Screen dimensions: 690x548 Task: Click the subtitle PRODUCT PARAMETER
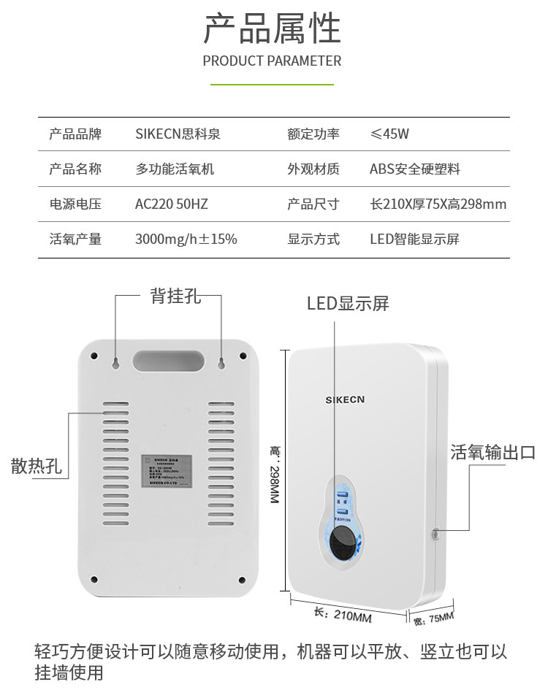[272, 61]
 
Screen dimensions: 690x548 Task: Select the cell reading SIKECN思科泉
[178, 134]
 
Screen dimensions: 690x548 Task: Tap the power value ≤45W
[389, 134]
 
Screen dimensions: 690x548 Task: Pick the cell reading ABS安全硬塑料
[415, 169]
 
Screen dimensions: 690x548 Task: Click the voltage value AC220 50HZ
[172, 204]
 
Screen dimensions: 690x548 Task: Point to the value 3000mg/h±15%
[186, 239]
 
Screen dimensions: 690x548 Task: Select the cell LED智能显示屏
[414, 239]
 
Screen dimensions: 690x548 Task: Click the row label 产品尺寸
[313, 204]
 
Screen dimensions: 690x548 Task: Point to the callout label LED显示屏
[348, 304]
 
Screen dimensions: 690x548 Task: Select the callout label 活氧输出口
[493, 453]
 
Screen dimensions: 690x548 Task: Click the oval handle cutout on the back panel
[169, 361]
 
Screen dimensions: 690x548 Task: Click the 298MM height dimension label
[275, 475]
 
